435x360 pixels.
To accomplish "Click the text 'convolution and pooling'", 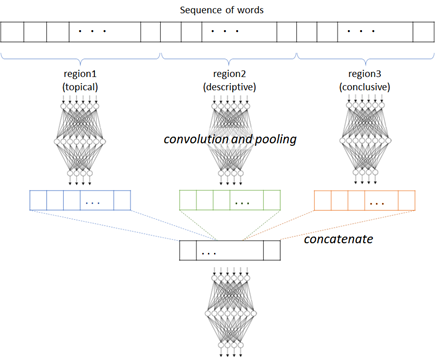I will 230,139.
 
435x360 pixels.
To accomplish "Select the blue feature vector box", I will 79,200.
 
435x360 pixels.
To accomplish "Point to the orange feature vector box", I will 364,200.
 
